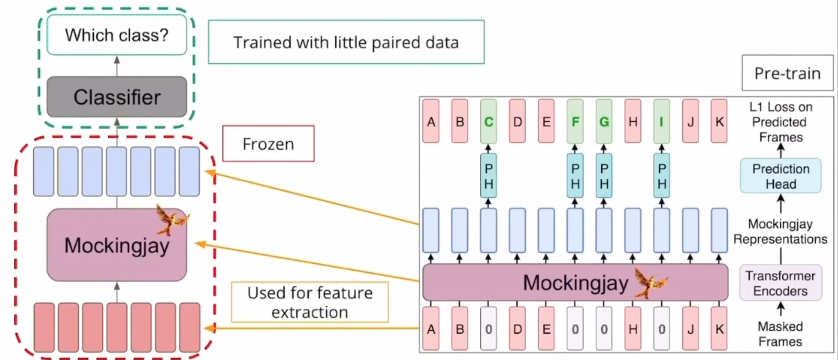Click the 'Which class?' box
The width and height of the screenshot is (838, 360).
[x=116, y=35]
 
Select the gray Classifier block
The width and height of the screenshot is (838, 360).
[x=116, y=97]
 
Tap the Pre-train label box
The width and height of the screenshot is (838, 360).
[x=787, y=73]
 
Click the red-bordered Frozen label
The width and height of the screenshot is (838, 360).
[x=268, y=144]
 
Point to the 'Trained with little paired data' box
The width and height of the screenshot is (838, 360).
[x=346, y=42]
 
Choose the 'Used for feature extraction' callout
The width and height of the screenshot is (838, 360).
[x=310, y=302]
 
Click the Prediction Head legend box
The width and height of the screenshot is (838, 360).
[x=780, y=176]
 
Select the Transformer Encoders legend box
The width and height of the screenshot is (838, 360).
[x=780, y=283]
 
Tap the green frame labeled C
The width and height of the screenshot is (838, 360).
[x=488, y=121]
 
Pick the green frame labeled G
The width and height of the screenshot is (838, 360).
[x=604, y=121]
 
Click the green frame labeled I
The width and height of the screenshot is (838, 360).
[x=661, y=121]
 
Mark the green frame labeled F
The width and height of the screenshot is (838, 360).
[x=575, y=121]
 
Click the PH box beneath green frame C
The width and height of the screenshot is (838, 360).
[x=488, y=176]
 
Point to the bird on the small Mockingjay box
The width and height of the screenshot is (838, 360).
[x=172, y=219]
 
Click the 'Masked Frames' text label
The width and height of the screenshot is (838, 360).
[x=780, y=334]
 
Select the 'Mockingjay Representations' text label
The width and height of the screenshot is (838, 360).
[x=780, y=231]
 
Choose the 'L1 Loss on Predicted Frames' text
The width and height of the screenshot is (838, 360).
[x=780, y=122]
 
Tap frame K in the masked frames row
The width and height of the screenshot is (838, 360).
[x=719, y=329]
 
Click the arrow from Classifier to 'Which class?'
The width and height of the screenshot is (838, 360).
[x=116, y=65]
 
